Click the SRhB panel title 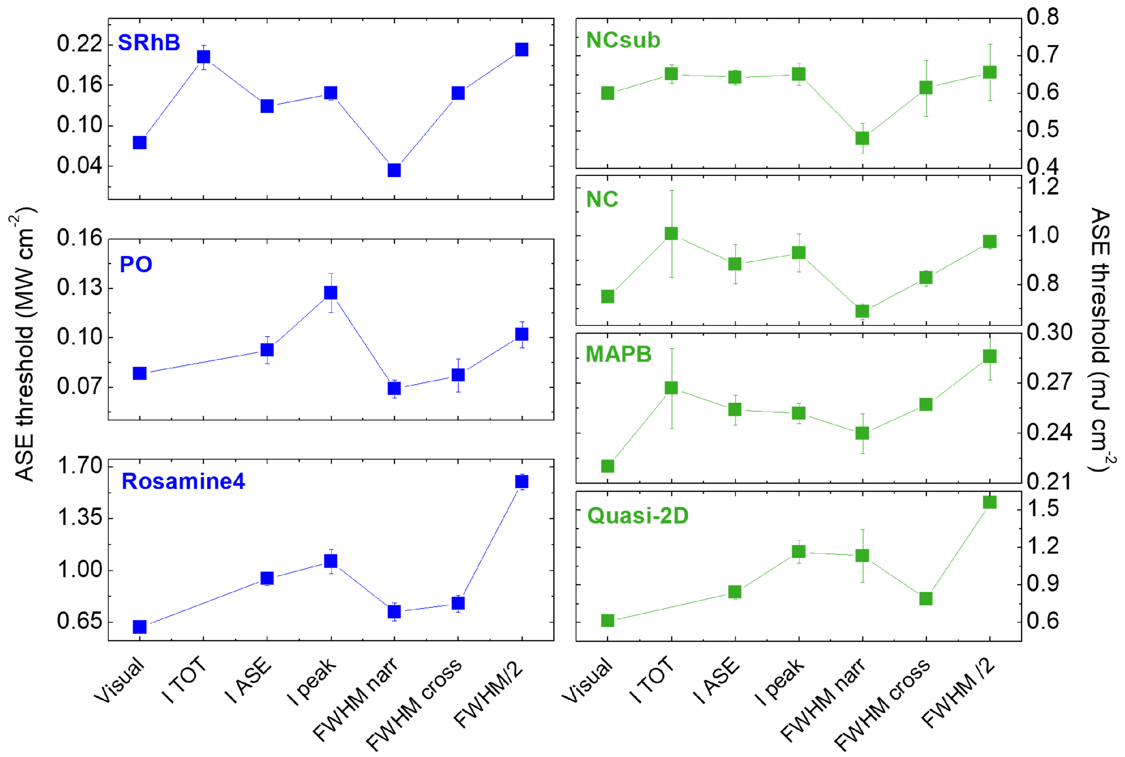(149, 42)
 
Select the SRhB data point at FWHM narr (394, 170)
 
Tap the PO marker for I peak (331, 293)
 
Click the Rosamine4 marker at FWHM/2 (522, 482)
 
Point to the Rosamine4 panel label (183, 482)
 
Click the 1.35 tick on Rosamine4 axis (80, 518)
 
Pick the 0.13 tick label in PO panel (80, 288)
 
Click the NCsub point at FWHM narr (862, 138)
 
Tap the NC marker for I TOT (671, 233)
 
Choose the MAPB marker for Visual (608, 466)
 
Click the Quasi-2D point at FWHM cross (926, 598)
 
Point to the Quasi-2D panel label (638, 516)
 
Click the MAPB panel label (618, 354)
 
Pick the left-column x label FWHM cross (413, 704)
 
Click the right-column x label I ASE (716, 681)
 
